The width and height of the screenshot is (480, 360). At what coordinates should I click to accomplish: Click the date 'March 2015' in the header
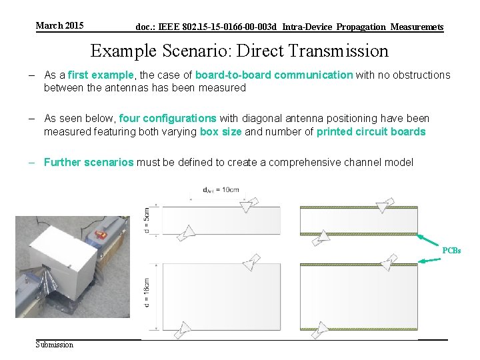pyautogui.click(x=59, y=26)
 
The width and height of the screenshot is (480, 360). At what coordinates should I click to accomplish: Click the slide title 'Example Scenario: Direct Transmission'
pyautogui.click(x=239, y=51)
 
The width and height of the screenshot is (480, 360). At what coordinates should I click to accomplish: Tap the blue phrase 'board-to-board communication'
pyautogui.click(x=273, y=75)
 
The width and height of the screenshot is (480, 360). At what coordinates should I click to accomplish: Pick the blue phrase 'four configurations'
pyautogui.click(x=167, y=119)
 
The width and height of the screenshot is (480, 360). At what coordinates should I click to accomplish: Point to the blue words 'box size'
pyautogui.click(x=221, y=132)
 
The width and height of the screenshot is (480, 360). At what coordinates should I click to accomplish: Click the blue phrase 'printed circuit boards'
pyautogui.click(x=371, y=132)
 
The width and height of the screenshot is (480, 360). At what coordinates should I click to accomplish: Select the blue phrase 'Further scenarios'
pyautogui.click(x=89, y=162)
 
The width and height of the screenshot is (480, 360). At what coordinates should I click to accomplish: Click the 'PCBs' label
pyautogui.click(x=451, y=251)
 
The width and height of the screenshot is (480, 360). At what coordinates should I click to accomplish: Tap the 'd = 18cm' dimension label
pyautogui.click(x=147, y=294)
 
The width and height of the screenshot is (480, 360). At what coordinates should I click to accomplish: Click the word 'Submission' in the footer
pyautogui.click(x=55, y=344)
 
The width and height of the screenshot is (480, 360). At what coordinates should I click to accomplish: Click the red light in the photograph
pyautogui.click(x=102, y=234)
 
